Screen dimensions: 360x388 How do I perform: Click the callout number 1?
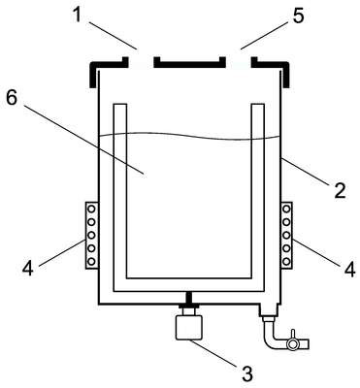point(77,15)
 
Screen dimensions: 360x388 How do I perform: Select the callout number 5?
point(298,16)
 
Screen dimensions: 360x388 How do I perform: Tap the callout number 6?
point(12,97)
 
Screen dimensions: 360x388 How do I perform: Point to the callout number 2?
point(340,190)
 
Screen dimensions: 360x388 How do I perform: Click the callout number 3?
point(247,373)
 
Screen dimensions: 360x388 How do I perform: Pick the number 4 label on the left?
point(28,269)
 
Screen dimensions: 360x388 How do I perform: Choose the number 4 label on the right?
point(349,270)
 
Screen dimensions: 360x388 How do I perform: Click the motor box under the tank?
point(188,327)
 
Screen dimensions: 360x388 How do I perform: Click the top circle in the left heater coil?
point(91,210)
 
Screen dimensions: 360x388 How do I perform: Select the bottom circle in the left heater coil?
point(91,261)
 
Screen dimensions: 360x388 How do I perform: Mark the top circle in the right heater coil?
point(286,210)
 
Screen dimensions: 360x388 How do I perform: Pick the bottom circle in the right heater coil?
point(286,261)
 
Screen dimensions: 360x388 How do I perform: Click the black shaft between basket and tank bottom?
point(188,298)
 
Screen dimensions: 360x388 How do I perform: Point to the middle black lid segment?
point(189,63)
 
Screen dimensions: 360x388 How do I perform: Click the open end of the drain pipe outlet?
point(309,344)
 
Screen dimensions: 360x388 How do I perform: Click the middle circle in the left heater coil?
point(91,235)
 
